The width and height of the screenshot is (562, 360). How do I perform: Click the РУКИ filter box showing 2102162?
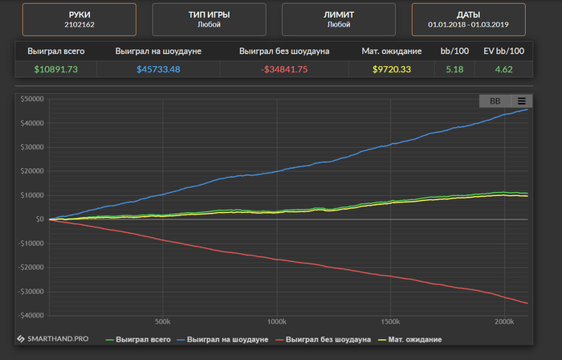point(79,19)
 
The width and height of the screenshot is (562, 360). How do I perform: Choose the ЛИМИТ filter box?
point(338,19)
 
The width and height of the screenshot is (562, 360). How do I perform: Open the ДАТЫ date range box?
point(469,19)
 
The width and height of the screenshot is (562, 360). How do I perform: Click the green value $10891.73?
point(56,70)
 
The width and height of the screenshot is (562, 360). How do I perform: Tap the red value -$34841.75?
point(284,70)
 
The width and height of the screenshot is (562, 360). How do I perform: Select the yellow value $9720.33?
point(392,70)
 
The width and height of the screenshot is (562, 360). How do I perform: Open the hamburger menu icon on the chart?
point(521,101)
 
